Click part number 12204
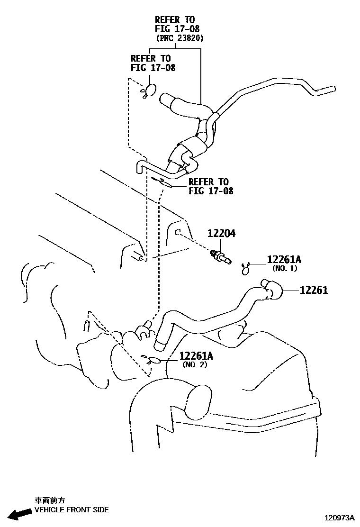click(x=221, y=234)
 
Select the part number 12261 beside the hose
click(x=314, y=290)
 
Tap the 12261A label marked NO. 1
click(x=284, y=260)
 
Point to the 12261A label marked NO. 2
click(x=196, y=356)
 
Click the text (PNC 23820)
click(x=180, y=38)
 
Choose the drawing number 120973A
click(x=339, y=518)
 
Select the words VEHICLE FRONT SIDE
click(x=72, y=510)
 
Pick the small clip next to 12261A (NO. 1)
click(x=245, y=269)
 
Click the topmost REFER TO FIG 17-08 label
click(x=175, y=24)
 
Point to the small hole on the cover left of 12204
click(x=176, y=232)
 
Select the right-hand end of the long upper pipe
click(x=332, y=89)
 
